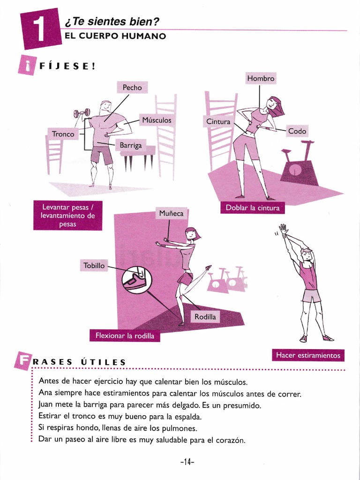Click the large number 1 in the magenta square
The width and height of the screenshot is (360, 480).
tap(41, 29)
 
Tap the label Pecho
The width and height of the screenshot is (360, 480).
tap(132, 88)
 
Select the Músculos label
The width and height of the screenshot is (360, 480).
tap(157, 120)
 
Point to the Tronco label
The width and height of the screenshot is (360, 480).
tap(63, 134)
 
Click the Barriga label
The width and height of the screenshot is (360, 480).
tap(130, 145)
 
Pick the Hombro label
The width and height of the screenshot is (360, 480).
tap(260, 79)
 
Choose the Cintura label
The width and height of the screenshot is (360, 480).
tap(218, 122)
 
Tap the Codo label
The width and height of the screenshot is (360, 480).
tap(297, 131)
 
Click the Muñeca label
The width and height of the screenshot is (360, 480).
tap(172, 214)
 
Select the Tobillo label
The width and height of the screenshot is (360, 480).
tap(94, 265)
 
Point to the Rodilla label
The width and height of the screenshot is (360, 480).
tap(205, 317)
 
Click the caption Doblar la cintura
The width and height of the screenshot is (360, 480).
tap(252, 208)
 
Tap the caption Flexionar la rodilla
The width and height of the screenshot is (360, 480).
tap(125, 336)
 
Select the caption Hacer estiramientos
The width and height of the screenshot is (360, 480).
tap(308, 356)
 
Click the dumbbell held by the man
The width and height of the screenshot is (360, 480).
tap(81, 113)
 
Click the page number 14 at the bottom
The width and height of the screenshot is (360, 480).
tap(187, 462)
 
